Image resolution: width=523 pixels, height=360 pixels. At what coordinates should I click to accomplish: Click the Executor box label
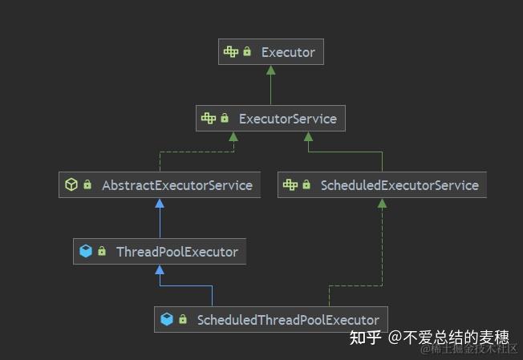[x=288, y=53]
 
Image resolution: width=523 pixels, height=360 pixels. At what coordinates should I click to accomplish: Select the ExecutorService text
[x=287, y=119]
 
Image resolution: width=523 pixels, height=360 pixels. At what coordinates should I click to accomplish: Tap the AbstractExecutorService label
[x=176, y=185]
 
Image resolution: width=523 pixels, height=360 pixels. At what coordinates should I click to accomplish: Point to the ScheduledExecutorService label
[x=399, y=185]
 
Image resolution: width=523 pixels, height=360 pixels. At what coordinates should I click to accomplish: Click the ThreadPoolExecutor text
[x=176, y=252]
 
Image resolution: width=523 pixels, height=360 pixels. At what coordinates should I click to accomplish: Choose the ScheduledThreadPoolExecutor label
[x=288, y=319]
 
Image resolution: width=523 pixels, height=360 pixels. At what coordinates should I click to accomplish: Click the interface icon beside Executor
[x=231, y=53]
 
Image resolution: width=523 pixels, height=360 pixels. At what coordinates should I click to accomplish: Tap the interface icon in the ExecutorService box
[x=209, y=119]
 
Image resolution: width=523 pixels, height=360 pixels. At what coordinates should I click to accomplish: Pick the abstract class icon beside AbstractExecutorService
[x=71, y=185]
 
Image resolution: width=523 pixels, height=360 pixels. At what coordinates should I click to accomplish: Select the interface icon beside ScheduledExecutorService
[x=290, y=185]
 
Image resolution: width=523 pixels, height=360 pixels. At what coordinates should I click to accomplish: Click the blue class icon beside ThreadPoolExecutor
[x=85, y=252]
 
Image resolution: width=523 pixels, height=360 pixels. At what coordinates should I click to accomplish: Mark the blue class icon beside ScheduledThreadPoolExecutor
[x=167, y=319]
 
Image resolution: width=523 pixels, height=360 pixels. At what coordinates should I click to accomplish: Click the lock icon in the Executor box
[x=247, y=53]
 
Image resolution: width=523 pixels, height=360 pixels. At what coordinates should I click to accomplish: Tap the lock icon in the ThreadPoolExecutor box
[x=102, y=252]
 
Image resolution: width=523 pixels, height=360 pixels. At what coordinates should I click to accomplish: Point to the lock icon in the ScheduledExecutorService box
[x=306, y=185]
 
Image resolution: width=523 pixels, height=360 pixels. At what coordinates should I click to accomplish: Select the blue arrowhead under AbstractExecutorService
[x=160, y=203]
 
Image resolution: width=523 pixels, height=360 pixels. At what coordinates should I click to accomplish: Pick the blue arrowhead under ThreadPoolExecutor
[x=160, y=269]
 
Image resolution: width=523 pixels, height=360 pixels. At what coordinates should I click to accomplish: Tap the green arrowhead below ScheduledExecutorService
[x=382, y=203]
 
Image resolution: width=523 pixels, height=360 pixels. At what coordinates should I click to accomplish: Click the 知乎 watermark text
[x=363, y=338]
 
